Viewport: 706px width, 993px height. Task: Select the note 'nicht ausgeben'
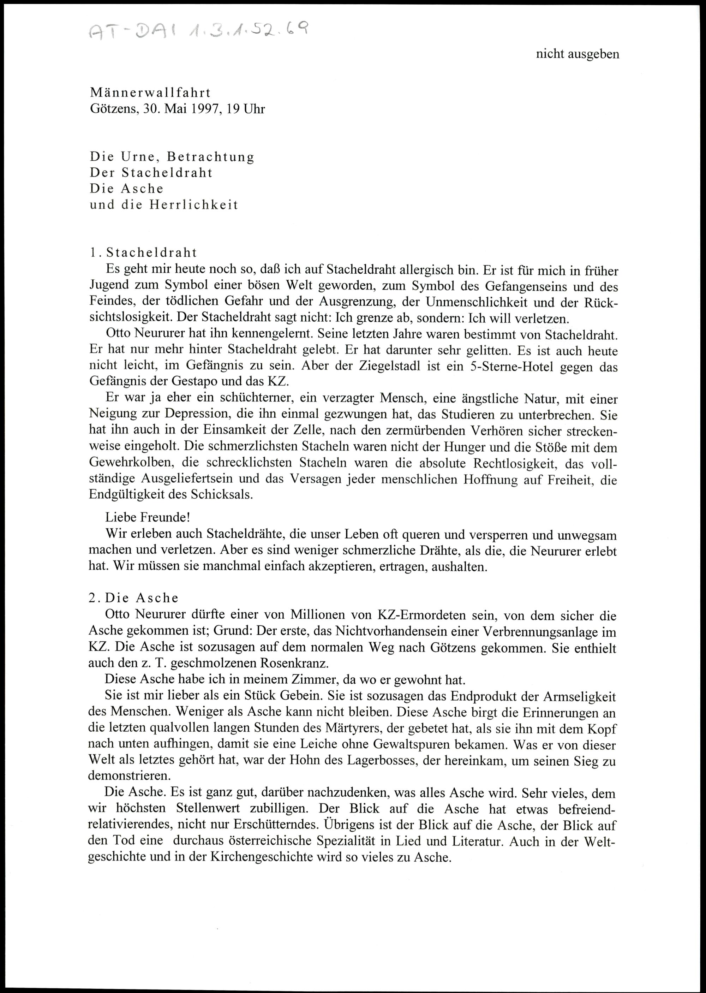click(577, 54)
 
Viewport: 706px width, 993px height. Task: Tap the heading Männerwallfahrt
click(150, 93)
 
